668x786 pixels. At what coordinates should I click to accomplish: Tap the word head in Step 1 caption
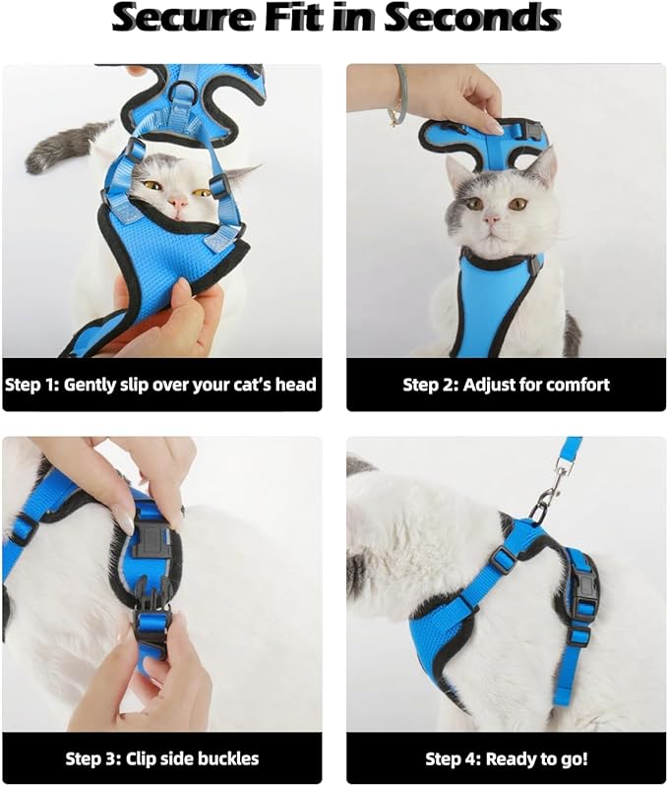click(x=294, y=384)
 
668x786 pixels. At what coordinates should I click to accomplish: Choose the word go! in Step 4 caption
click(x=573, y=758)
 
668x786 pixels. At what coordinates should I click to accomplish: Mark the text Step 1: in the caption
click(x=32, y=384)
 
